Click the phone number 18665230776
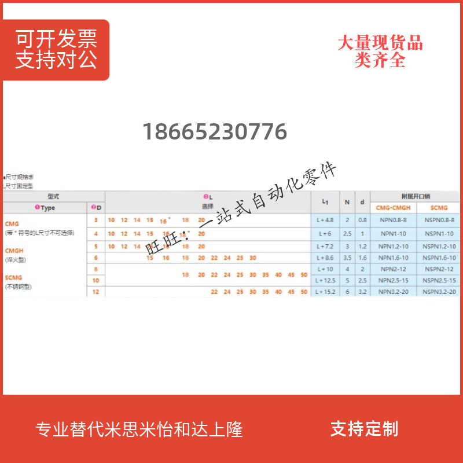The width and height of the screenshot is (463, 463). pyautogui.click(x=215, y=132)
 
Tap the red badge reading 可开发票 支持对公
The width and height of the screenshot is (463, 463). pyautogui.click(x=56, y=50)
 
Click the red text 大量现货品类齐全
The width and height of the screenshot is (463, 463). pyautogui.click(x=380, y=52)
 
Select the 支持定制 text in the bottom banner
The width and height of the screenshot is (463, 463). pyautogui.click(x=364, y=429)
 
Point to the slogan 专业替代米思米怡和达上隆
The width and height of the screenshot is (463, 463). pyautogui.click(x=139, y=429)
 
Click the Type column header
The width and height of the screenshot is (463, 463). pyautogui.click(x=45, y=207)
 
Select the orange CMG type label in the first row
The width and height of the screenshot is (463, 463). pyautogui.click(x=12, y=223)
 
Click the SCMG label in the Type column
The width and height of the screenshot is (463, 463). pyautogui.click(x=14, y=278)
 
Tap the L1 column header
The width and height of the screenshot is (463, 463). pyautogui.click(x=325, y=201)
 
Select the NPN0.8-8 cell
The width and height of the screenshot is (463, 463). pyautogui.click(x=393, y=220)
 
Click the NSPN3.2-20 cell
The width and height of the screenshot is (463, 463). pyautogui.click(x=439, y=292)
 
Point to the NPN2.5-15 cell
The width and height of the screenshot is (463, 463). pyautogui.click(x=393, y=281)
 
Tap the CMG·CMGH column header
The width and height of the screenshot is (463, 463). pyautogui.click(x=393, y=207)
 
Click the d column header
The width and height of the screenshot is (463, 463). pyautogui.click(x=362, y=201)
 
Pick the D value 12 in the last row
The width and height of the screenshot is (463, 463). pyautogui.click(x=96, y=292)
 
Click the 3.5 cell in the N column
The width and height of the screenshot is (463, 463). pyautogui.click(x=347, y=257)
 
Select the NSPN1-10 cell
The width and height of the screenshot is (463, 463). pyautogui.click(x=439, y=233)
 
